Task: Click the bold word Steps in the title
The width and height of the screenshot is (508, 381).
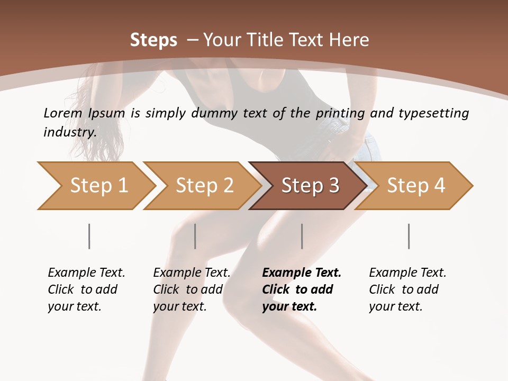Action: (x=153, y=40)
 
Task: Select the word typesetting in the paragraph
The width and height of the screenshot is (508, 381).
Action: (x=434, y=113)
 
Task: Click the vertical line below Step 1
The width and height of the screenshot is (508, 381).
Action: (x=89, y=236)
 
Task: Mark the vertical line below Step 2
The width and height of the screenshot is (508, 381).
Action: (x=195, y=236)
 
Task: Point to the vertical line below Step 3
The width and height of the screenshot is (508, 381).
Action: (x=302, y=236)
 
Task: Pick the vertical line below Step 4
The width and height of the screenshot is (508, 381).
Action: (x=409, y=236)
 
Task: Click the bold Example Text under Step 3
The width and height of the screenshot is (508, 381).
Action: (x=302, y=273)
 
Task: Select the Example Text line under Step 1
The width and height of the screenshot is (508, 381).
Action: (x=86, y=273)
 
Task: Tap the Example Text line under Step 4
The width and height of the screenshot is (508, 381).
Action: (x=407, y=273)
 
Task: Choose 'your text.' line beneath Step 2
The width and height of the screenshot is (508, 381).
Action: (x=179, y=306)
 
